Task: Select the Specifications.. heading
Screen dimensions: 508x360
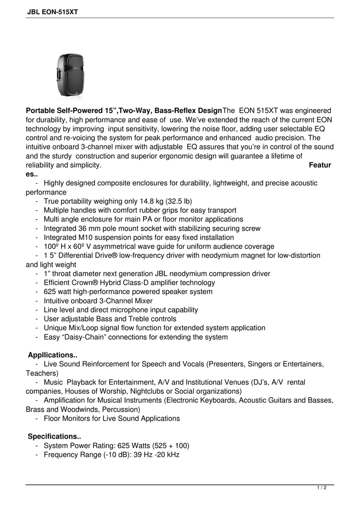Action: click(54, 436)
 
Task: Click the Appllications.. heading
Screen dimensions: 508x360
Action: click(52, 355)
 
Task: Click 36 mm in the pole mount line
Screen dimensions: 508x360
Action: click(89, 228)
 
